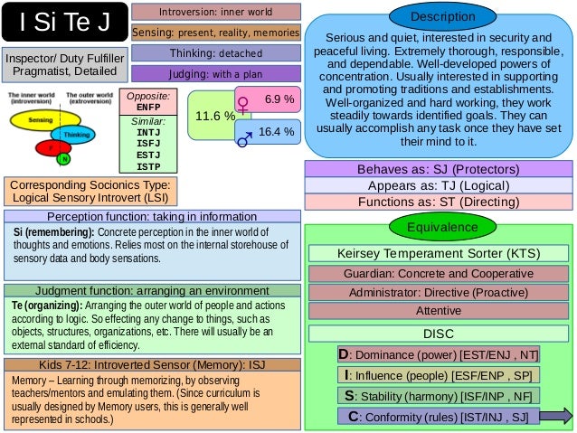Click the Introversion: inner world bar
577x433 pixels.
(215, 12)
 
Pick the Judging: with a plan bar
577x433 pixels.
(215, 73)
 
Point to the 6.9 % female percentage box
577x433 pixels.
(268, 99)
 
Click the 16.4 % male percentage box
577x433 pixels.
(268, 132)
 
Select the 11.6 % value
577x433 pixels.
(213, 117)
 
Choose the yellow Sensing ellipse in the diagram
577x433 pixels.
(40, 119)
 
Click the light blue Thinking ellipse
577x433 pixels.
(76, 135)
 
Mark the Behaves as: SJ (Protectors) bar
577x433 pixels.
(438, 169)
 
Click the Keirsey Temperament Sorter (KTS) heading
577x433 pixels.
(438, 254)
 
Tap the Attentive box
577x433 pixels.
(438, 310)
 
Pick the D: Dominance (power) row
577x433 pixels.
(438, 354)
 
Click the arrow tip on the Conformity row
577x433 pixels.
(566, 415)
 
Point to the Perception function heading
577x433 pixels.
(151, 217)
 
